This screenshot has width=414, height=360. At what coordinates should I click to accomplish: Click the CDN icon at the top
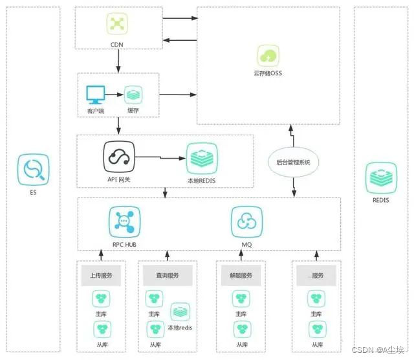click(x=117, y=25)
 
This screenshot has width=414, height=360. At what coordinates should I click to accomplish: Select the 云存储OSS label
click(x=268, y=73)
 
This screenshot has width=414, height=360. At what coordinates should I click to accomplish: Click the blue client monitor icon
click(x=95, y=95)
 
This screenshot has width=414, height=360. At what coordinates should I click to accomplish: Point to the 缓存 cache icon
click(x=133, y=95)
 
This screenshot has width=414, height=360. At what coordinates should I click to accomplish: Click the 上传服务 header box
click(x=101, y=275)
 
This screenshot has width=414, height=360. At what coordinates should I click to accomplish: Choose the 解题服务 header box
click(x=241, y=275)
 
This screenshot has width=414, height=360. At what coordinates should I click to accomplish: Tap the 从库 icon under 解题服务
click(x=241, y=330)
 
